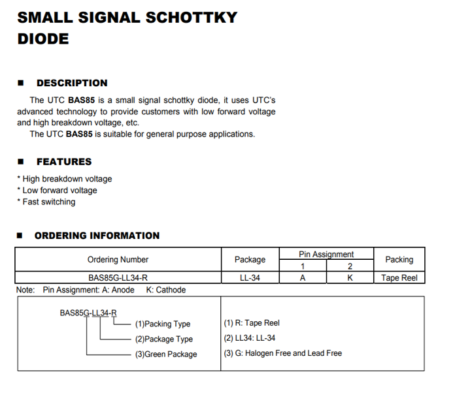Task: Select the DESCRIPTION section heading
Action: [72, 83]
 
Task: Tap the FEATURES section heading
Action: [64, 161]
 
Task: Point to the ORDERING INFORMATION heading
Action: [97, 235]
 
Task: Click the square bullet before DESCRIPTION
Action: [21, 83]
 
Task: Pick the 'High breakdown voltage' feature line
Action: [65, 179]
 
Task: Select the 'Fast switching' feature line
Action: [46, 202]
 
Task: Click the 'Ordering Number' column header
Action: [118, 259]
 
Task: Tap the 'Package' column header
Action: [250, 259]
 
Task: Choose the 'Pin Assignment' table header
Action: [326, 254]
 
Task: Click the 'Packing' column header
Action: [399, 259]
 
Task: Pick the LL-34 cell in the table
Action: [250, 277]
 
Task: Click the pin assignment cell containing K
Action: [350, 277]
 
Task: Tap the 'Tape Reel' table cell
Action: [399, 277]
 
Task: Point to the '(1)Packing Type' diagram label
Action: [163, 324]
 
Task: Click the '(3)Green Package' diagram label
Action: [166, 354]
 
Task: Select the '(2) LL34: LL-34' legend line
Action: [250, 338]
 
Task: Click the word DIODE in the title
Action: [43, 39]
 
